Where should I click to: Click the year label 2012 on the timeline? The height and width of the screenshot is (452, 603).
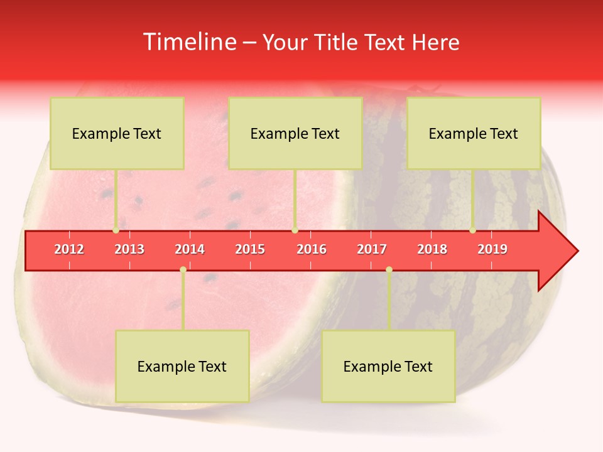tap(69, 249)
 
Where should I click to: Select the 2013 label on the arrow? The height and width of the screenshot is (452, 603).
tap(129, 249)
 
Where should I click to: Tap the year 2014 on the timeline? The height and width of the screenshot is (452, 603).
tap(190, 249)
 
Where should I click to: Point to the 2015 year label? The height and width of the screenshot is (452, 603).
tap(250, 249)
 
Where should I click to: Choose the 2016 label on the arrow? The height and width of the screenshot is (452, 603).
tap(312, 249)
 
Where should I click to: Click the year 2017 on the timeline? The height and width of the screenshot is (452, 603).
tap(372, 249)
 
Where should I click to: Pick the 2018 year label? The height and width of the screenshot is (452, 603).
tap(432, 249)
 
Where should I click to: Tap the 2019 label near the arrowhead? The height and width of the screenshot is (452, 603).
tap(492, 249)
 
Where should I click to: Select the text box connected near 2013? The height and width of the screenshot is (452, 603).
tap(117, 133)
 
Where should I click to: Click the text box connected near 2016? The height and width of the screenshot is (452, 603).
tap(295, 133)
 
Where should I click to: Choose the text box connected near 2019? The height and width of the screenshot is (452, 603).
tap(474, 133)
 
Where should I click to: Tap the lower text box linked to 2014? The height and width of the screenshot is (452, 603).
tap(182, 366)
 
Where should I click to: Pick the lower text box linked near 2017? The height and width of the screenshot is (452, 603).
tap(388, 366)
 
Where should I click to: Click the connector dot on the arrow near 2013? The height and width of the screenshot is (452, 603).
tap(116, 230)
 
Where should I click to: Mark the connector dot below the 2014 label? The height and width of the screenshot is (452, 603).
tap(183, 270)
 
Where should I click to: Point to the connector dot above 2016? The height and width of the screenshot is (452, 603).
tap(295, 230)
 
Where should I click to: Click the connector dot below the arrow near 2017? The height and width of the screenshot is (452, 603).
tap(389, 270)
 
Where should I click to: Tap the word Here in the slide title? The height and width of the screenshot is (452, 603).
tap(435, 42)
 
